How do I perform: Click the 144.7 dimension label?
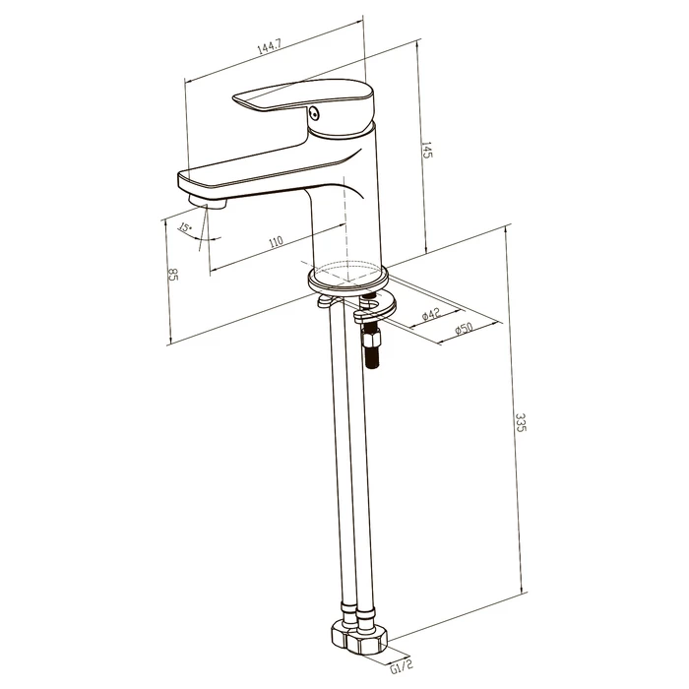pyautogui.click(x=269, y=47)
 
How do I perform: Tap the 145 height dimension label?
pyautogui.click(x=427, y=150)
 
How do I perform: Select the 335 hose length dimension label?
pyautogui.click(x=521, y=422)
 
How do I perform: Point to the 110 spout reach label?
pyautogui.click(x=276, y=242)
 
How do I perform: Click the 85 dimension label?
pyautogui.click(x=172, y=274)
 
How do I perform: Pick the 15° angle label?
pyautogui.click(x=185, y=227)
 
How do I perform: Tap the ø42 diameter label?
pyautogui.click(x=431, y=314)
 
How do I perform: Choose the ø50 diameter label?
pyautogui.click(x=464, y=329)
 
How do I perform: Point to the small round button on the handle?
pyautogui.click(x=314, y=113)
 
